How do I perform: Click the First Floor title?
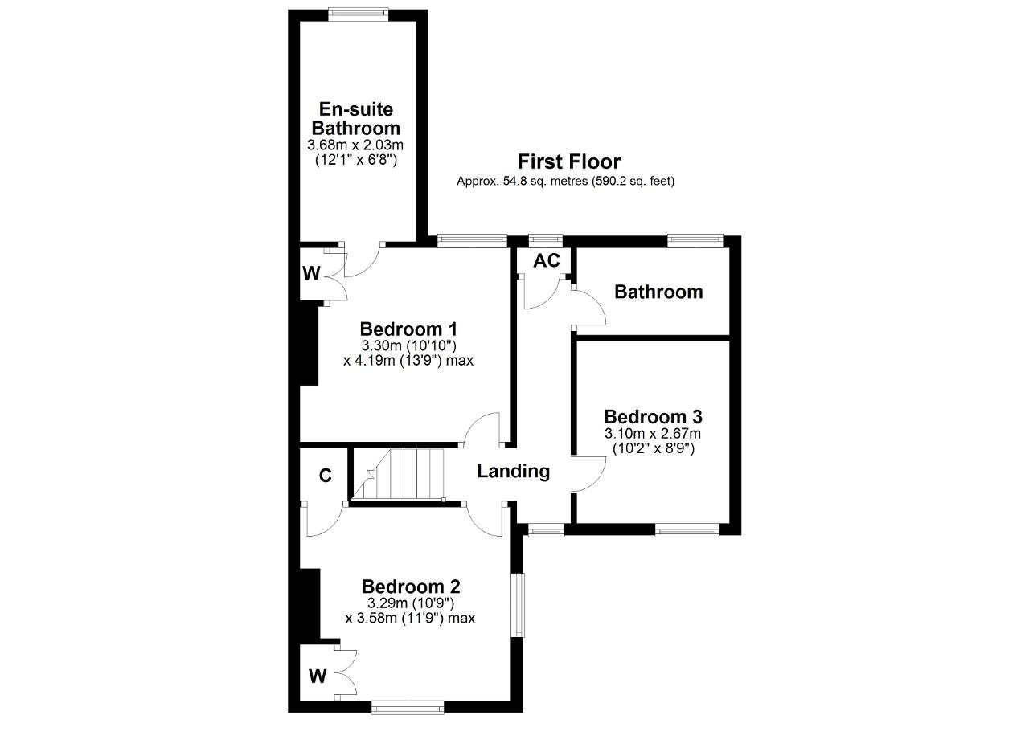click(x=568, y=161)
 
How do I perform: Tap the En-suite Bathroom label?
click(x=355, y=118)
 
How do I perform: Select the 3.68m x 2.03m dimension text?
click(x=355, y=145)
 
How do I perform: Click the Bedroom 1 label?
click(x=408, y=329)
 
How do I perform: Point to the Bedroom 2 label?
click(x=411, y=587)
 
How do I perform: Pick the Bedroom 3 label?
click(x=653, y=416)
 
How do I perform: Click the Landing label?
click(x=513, y=471)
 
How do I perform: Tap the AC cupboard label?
click(x=546, y=261)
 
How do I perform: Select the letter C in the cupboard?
click(x=325, y=476)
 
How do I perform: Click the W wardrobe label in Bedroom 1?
click(x=311, y=274)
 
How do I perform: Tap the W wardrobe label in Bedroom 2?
click(x=318, y=676)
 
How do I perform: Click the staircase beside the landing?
click(x=398, y=474)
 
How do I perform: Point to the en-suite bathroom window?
click(x=359, y=14)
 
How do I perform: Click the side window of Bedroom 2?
click(x=518, y=605)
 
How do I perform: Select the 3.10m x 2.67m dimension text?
click(x=653, y=433)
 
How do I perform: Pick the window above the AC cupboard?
click(x=545, y=240)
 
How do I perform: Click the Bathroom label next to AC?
click(x=658, y=292)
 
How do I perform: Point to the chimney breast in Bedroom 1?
click(x=309, y=345)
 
